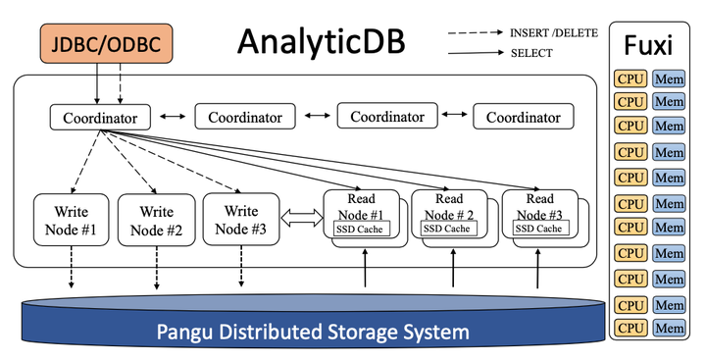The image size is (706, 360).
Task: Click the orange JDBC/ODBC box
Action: [108, 44]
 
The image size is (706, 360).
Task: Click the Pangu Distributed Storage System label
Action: [311, 331]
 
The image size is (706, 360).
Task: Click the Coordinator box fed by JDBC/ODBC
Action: [100, 119]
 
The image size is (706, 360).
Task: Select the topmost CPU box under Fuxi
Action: [630, 77]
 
